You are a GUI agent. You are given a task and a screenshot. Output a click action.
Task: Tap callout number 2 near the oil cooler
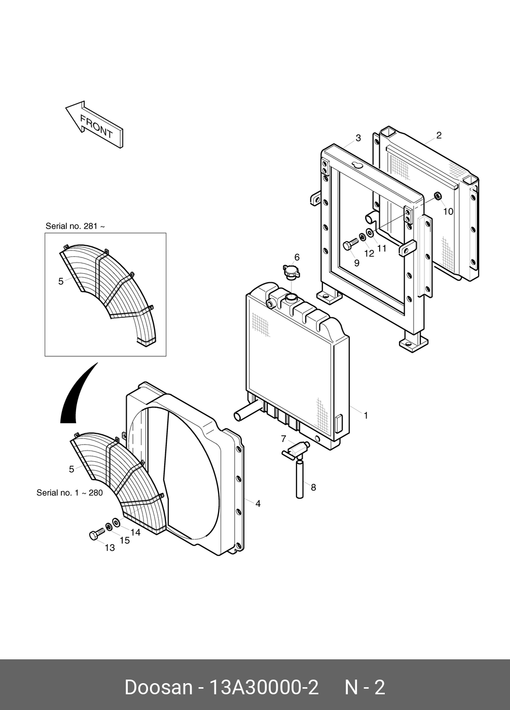tap(439, 135)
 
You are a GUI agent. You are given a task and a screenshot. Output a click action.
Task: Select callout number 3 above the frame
tap(358, 138)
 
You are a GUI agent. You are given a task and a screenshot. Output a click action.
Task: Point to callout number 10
tap(448, 211)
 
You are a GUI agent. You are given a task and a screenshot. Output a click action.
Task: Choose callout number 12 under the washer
tap(369, 253)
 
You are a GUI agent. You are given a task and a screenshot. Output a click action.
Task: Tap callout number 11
tap(381, 248)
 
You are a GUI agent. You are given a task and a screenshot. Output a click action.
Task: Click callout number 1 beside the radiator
tap(366, 416)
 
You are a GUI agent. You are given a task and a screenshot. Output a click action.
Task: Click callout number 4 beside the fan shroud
tap(258, 503)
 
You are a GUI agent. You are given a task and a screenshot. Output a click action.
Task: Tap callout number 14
tap(135, 532)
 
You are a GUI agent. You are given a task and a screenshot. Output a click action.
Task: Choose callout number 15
tap(124, 540)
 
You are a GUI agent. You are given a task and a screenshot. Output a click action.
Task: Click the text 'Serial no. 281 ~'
tap(75, 226)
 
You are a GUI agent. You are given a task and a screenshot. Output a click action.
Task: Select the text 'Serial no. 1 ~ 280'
tap(69, 493)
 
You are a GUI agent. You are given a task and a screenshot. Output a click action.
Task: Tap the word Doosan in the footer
tap(158, 688)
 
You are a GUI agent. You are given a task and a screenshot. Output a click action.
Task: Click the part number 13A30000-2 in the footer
tap(264, 688)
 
